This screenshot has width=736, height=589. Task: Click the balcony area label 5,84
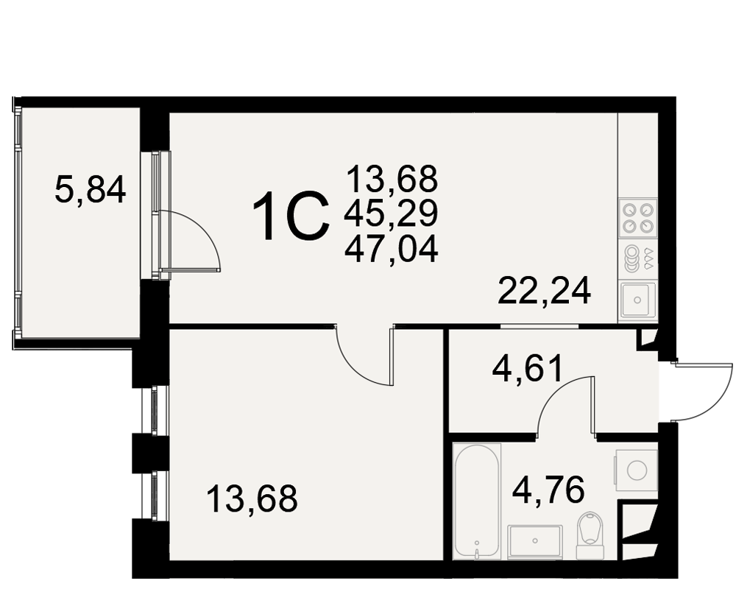[90, 189]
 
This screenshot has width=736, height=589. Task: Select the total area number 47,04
[391, 250]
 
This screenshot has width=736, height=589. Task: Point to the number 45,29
[391, 214]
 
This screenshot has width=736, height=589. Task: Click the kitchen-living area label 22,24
[544, 292]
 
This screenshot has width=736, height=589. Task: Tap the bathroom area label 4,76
[548, 490]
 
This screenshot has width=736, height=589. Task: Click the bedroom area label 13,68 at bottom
[252, 498]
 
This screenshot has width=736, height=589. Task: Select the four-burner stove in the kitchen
[638, 217]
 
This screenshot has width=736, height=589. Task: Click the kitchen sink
[637, 299]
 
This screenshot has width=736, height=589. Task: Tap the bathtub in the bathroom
[478, 501]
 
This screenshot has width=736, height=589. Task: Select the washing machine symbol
[636, 470]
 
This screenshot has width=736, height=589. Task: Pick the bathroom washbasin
[534, 542]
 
